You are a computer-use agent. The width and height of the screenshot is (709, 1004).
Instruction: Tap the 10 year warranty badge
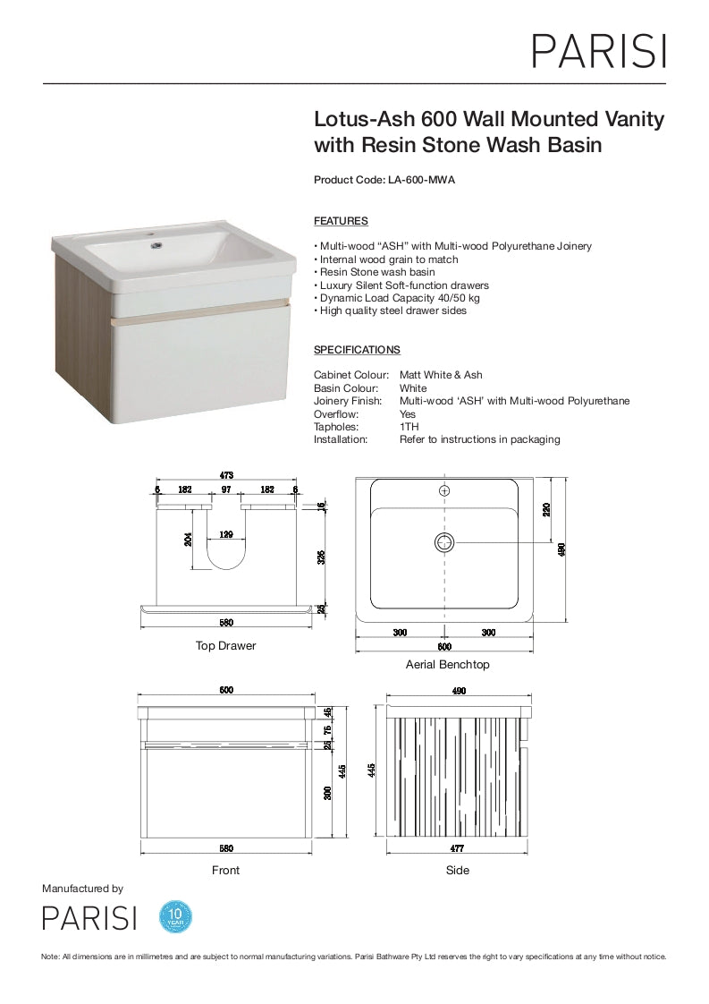(x=175, y=916)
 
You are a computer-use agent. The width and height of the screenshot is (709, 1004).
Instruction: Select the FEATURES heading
(x=341, y=221)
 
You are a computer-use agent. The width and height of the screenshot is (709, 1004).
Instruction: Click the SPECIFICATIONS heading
(x=357, y=350)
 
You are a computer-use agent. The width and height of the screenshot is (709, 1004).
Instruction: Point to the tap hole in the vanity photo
(x=156, y=242)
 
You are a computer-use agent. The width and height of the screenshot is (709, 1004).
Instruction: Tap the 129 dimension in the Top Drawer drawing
(x=227, y=535)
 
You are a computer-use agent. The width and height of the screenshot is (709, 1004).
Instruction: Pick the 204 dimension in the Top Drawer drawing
(x=189, y=540)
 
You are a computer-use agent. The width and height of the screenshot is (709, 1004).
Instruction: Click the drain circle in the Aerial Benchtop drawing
(x=444, y=541)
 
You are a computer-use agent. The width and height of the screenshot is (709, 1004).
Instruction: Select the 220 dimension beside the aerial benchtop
(x=546, y=509)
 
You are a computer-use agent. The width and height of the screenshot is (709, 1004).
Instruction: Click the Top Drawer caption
(x=225, y=646)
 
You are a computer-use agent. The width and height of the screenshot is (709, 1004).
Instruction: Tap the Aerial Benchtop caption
(x=447, y=665)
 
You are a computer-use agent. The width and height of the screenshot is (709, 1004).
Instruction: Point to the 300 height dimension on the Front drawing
(x=327, y=792)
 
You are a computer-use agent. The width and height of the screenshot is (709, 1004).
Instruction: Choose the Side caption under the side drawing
(x=457, y=870)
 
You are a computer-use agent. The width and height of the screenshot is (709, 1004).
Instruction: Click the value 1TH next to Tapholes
(x=409, y=427)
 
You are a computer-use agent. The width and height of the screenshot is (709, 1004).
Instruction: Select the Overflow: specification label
(x=335, y=414)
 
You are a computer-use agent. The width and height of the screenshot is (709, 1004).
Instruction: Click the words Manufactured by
(x=82, y=889)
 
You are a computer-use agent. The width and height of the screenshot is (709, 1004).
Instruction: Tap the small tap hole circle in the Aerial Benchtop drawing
(x=444, y=490)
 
